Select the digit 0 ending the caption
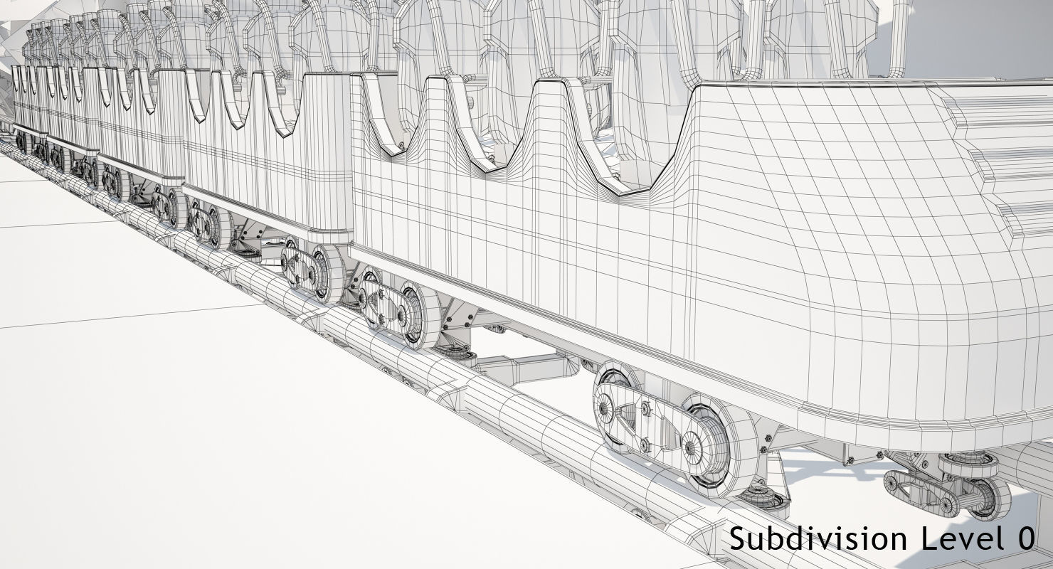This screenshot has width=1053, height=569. point(1025,538)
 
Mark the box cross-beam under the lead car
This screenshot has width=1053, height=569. point(526,367)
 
